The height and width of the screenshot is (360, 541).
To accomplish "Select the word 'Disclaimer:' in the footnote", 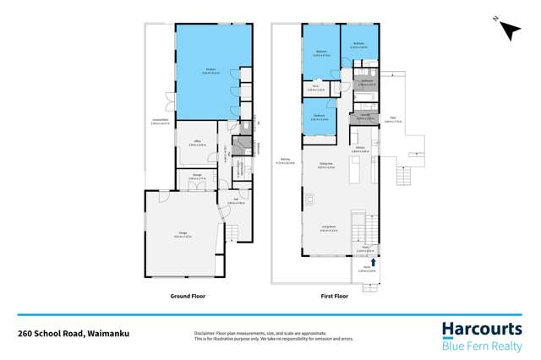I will tap(205, 333).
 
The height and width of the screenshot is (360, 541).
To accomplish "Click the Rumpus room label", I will tap(208, 71).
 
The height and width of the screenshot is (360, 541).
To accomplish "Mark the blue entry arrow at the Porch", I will tap(369, 249).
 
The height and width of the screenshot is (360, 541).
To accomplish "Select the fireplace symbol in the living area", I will tap(312, 199).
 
